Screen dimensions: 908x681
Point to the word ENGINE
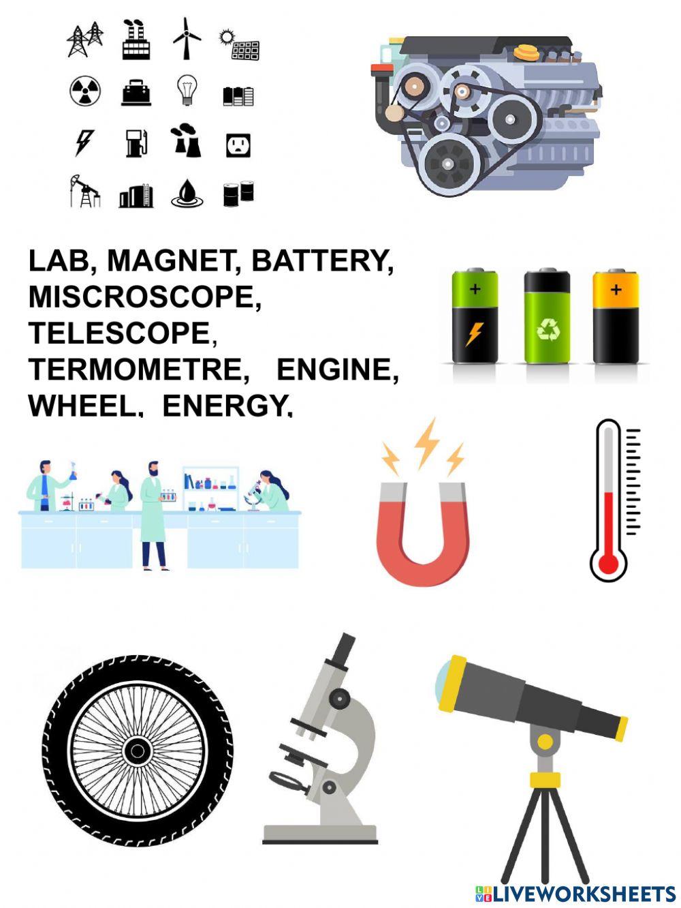click(x=336, y=369)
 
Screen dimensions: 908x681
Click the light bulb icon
click(x=187, y=90)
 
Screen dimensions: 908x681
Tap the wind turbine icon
click(x=185, y=37)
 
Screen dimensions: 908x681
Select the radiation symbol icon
click(x=85, y=91)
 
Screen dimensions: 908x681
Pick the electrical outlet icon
click(x=238, y=145)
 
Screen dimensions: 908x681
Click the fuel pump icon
click(x=136, y=143)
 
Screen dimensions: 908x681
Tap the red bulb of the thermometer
click(x=607, y=563)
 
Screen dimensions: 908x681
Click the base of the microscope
click(x=319, y=834)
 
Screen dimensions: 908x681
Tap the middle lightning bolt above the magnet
click(x=428, y=442)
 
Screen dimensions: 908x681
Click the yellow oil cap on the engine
click(x=526, y=51)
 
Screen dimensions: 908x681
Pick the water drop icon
click(x=187, y=194)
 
